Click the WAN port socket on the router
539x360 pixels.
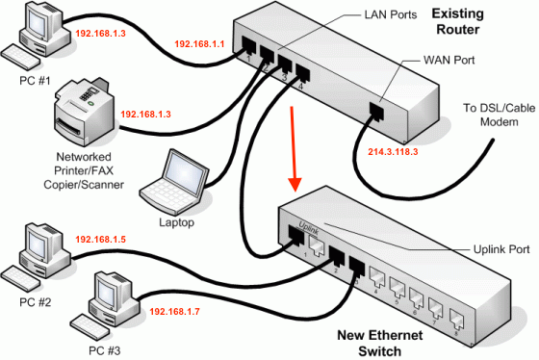(377, 113)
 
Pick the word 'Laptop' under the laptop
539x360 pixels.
(175, 222)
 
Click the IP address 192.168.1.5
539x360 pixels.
(100, 238)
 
